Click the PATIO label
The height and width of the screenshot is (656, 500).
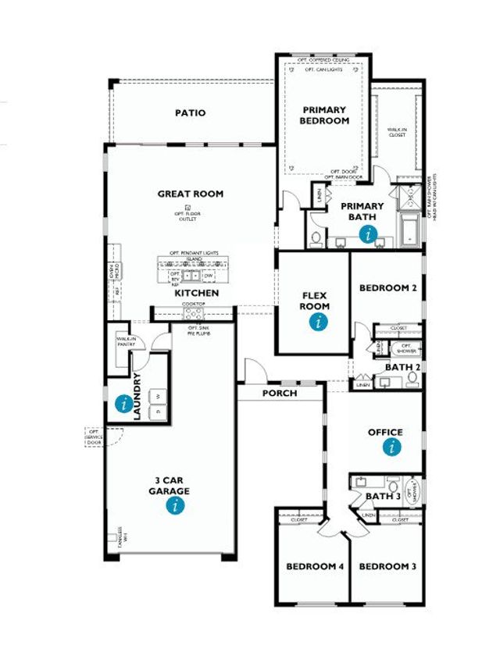(190, 113)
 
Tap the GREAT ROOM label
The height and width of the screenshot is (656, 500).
(190, 194)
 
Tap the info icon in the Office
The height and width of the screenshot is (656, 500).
(391, 447)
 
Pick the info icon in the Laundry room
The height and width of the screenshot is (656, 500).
(123, 404)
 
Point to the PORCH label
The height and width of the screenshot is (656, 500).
(279, 393)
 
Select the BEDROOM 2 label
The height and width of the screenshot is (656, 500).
(387, 288)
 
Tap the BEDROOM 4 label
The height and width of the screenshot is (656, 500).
(315, 566)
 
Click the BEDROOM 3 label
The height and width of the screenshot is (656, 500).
(387, 566)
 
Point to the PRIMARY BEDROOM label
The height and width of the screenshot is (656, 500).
(324, 116)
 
